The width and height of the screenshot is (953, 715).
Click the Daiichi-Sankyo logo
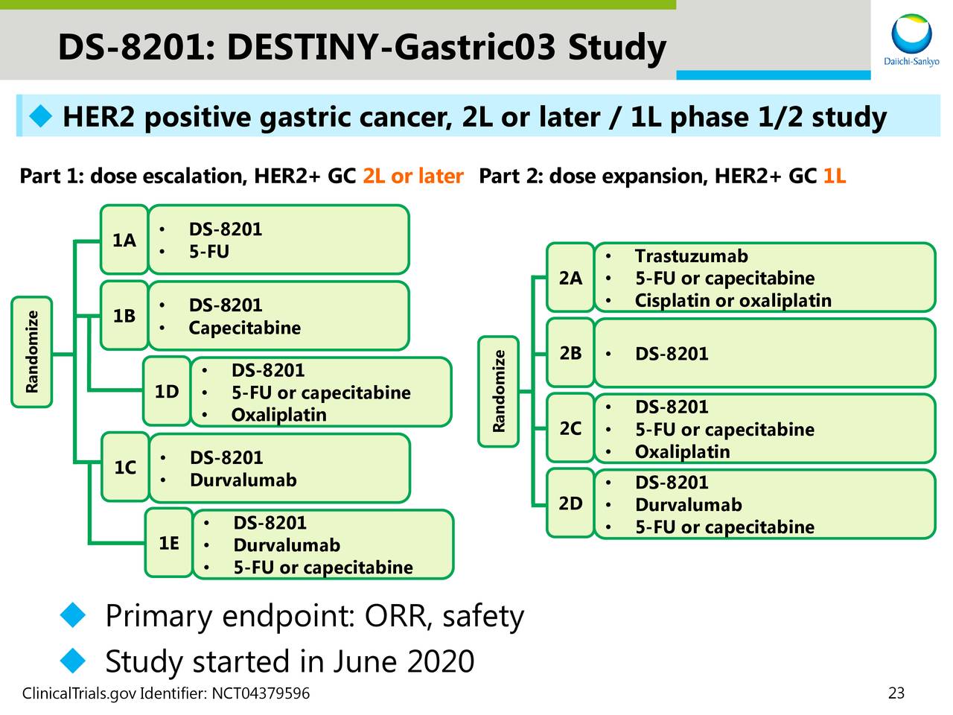[911, 41]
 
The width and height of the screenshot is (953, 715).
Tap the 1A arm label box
[124, 240]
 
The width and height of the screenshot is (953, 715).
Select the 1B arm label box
[124, 316]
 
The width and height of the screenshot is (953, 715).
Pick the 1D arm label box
[167, 392]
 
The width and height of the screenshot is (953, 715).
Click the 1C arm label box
[125, 468]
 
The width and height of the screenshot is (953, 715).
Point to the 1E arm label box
[169, 544]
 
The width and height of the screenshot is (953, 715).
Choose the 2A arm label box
[570, 278]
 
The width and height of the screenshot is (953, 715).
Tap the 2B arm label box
[570, 353]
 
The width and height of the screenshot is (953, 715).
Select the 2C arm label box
[570, 428]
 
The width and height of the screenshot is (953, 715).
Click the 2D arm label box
[570, 503]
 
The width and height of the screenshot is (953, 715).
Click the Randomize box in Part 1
[32, 352]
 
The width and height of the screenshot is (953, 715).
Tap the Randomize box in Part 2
[499, 391]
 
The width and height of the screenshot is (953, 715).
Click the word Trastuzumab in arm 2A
[691, 256]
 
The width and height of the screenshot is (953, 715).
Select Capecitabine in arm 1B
[244, 328]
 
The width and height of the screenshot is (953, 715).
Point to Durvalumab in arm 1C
[243, 480]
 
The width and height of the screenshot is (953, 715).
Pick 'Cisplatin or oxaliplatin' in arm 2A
[733, 301]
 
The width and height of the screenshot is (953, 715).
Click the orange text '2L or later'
[412, 177]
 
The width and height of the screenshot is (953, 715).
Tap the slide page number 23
[896, 693]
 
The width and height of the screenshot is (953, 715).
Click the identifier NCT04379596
[261, 694]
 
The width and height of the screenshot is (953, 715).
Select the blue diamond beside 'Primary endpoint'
[73, 615]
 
